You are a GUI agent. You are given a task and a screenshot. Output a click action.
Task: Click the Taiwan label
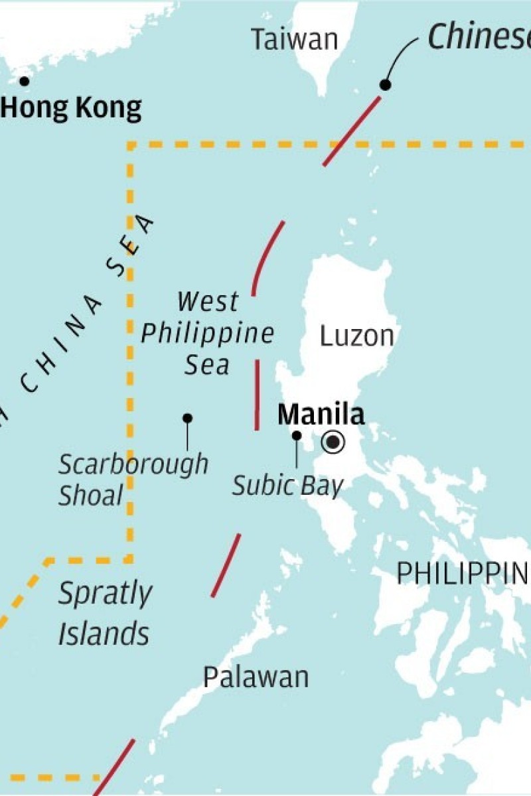(294, 40)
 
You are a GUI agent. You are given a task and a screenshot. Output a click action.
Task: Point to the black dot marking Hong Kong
(25, 82)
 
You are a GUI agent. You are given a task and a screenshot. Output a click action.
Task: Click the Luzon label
(356, 336)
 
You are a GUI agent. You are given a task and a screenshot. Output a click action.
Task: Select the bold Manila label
(321, 415)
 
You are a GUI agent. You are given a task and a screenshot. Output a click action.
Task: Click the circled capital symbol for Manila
(333, 442)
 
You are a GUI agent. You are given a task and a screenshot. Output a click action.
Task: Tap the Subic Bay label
(287, 486)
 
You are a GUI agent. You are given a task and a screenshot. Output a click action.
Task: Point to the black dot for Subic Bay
(297, 436)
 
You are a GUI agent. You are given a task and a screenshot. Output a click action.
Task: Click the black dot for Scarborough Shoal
(188, 419)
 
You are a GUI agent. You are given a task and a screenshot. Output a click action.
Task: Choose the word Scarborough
(133, 464)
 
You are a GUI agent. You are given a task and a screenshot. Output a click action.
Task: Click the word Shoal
(91, 496)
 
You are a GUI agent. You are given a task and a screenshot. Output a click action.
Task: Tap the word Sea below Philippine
(207, 365)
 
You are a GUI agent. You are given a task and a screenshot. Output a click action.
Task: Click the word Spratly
(105, 594)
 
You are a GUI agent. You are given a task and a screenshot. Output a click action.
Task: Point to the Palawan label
(256, 677)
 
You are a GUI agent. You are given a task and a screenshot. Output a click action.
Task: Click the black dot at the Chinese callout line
(385, 84)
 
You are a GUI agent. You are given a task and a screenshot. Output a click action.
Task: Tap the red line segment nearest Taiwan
(352, 131)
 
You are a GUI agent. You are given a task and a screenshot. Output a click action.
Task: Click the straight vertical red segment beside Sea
(257, 395)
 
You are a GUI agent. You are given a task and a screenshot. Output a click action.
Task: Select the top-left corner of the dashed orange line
(131, 144)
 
